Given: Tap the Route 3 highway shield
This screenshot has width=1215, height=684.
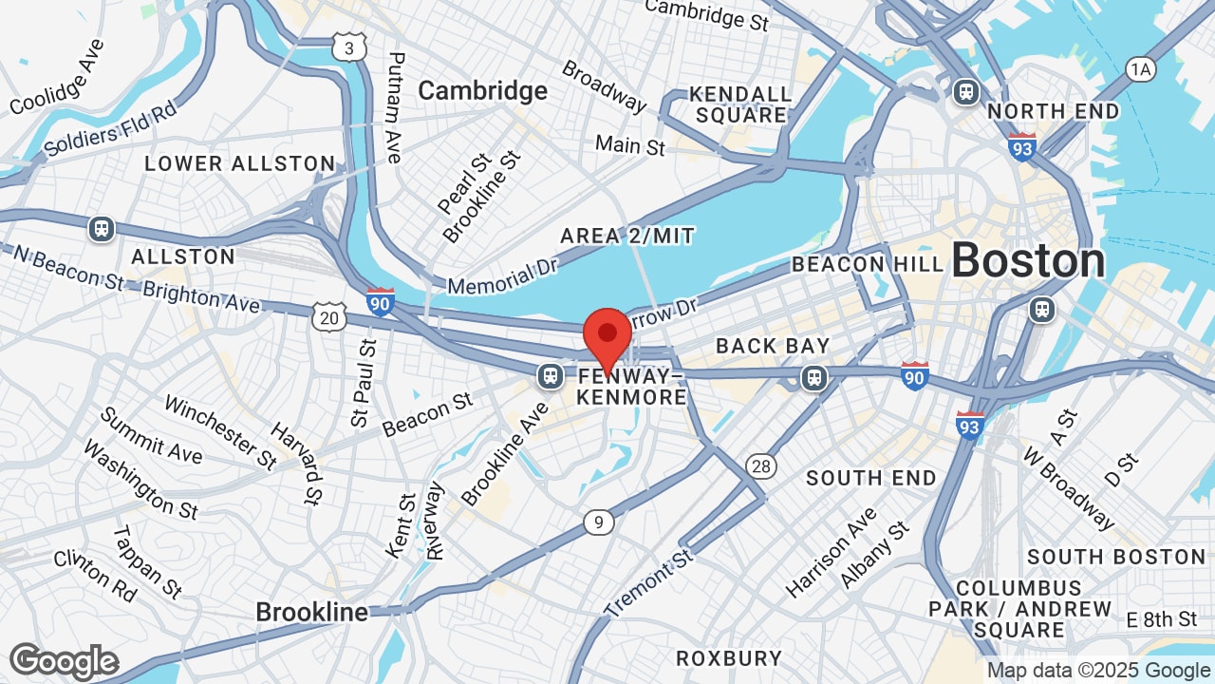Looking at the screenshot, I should point(349,46).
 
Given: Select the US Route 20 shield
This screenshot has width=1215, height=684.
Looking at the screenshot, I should point(328,317).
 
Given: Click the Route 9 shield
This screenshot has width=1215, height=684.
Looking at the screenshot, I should point(597,522).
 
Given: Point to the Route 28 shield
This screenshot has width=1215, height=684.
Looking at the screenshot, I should point(760,465).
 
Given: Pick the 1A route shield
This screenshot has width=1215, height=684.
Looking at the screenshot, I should point(1140,68).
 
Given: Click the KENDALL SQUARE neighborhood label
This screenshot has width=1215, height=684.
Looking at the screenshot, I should point(740,104).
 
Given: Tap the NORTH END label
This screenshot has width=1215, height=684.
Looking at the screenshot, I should point(1053,111).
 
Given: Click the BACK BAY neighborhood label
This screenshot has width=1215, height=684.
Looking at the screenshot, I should point(773,346).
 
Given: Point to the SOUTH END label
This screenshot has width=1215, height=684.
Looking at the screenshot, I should point(871,478).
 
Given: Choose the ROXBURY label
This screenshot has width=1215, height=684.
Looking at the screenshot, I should point(729,657).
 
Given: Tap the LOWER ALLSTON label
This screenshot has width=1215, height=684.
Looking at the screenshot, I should point(239,163).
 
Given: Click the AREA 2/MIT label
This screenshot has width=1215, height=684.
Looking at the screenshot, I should point(627,235).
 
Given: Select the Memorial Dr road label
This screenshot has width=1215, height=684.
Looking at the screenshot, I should point(502,274).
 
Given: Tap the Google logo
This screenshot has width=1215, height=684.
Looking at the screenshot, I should point(65,661).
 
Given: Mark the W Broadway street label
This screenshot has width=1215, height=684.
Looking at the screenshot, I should point(1069,487).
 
